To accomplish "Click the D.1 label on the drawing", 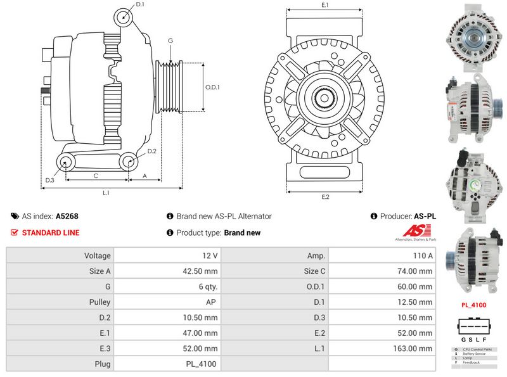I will (140, 4).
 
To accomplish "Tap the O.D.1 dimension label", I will (212, 87).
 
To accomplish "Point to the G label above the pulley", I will (170, 41).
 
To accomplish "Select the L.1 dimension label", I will (106, 192).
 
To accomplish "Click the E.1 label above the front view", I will (325, 5).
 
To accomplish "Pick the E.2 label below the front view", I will (325, 197).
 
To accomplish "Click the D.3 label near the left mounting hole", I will (49, 181).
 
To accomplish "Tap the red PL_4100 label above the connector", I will (473, 305).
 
